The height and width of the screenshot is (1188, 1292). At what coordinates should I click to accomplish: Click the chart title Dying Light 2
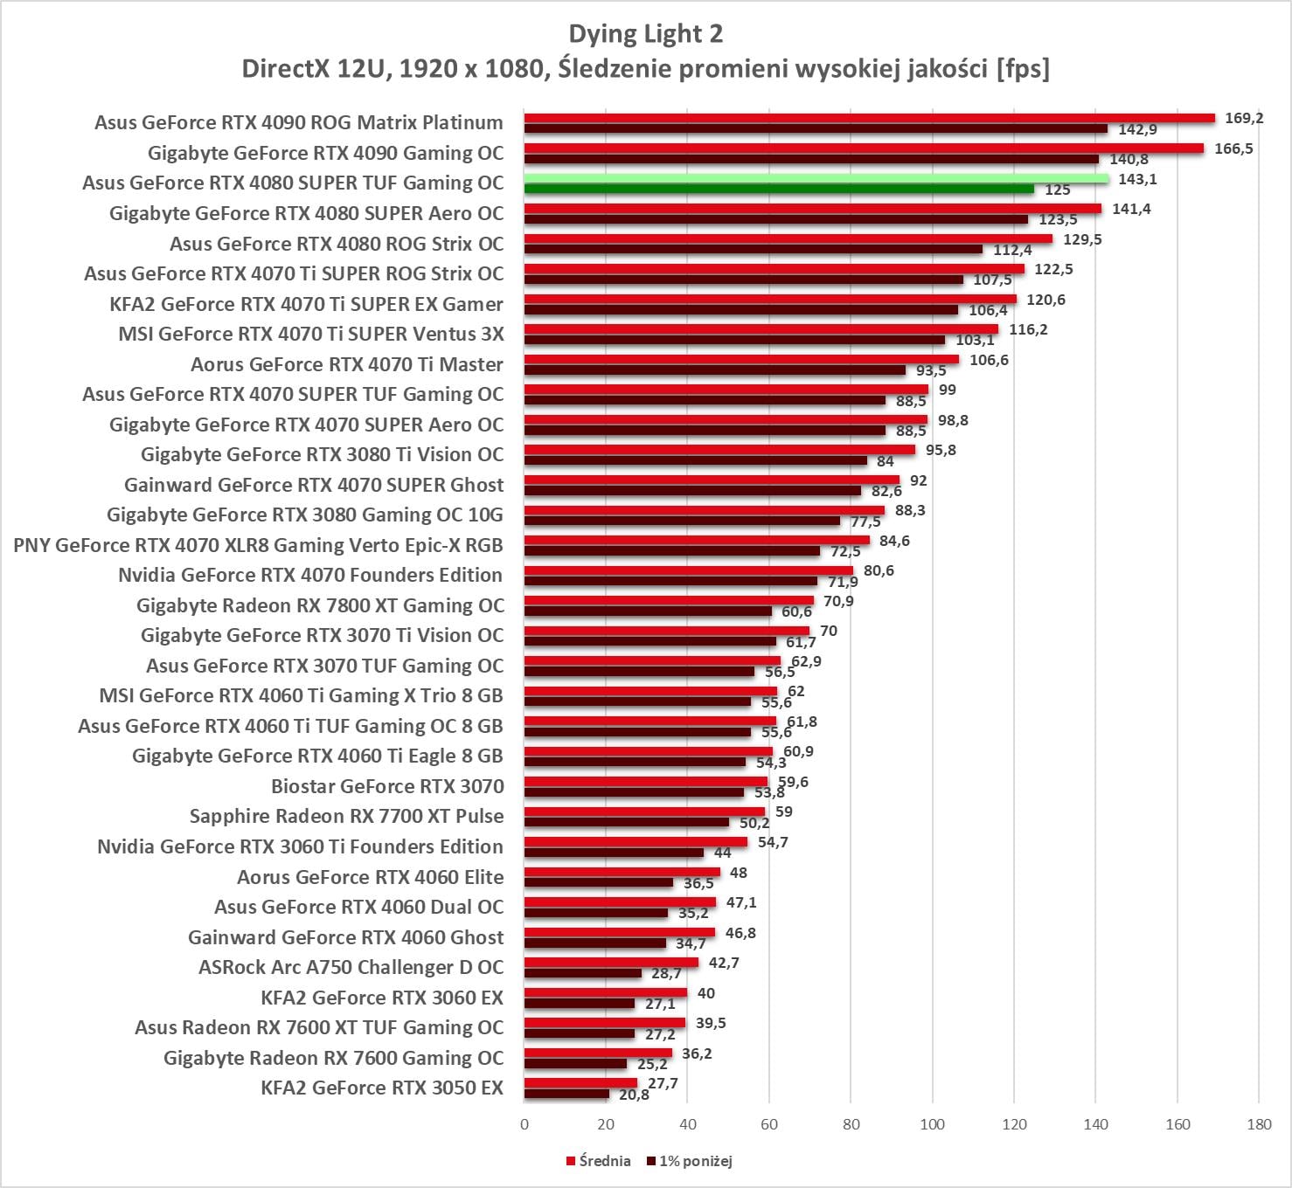(645, 34)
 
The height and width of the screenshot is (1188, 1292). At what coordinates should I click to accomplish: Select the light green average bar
(816, 178)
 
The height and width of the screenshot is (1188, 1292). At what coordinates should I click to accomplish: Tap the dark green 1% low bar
(779, 189)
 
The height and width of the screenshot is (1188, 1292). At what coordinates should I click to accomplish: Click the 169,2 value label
(1244, 118)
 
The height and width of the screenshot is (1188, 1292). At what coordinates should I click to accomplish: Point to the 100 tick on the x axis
(932, 1124)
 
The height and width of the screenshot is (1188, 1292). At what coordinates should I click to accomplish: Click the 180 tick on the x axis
(1259, 1124)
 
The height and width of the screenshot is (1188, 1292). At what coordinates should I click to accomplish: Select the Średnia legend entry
(599, 1161)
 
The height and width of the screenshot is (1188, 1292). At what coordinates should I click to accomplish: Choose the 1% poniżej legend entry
(690, 1161)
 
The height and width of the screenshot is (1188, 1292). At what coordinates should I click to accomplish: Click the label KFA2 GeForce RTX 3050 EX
(382, 1088)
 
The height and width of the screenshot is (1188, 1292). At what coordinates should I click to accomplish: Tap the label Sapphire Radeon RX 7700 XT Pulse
(346, 816)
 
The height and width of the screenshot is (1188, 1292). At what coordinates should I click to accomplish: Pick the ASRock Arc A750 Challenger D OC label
(351, 967)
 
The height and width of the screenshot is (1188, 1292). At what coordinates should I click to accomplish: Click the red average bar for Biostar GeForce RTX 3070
(646, 782)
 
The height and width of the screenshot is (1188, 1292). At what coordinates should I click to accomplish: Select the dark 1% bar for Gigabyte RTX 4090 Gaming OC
(811, 159)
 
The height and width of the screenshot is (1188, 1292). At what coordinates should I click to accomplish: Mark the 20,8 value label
(634, 1095)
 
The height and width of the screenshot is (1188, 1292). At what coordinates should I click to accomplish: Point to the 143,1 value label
(1137, 179)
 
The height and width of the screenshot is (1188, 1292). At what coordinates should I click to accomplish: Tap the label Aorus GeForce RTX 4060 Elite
(370, 877)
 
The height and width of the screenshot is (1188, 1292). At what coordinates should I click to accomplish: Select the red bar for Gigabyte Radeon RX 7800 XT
(669, 601)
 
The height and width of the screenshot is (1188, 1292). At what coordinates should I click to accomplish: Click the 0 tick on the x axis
(524, 1124)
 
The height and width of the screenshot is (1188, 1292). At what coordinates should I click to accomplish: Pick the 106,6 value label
(989, 360)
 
